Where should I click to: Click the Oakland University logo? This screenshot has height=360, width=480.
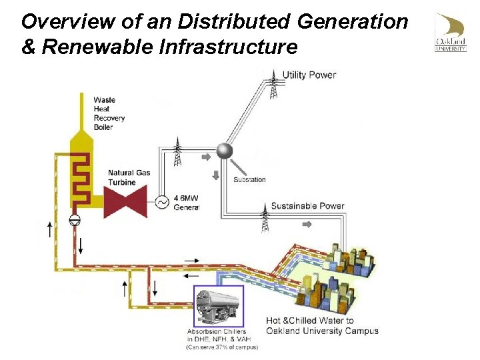[451, 33]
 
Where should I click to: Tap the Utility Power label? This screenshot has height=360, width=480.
[309, 75]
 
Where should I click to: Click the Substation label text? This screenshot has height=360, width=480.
[249, 179]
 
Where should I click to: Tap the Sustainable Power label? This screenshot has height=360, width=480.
[308, 206]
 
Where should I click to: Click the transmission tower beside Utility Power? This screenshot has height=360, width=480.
[274, 85]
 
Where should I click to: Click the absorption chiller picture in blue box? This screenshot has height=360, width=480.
[218, 306]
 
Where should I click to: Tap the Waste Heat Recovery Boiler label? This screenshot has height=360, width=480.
[109, 114]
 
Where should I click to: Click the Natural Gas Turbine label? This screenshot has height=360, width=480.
[129, 177]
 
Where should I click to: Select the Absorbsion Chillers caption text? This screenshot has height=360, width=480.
[217, 331]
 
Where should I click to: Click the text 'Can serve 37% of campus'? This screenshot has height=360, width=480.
[221, 347]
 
